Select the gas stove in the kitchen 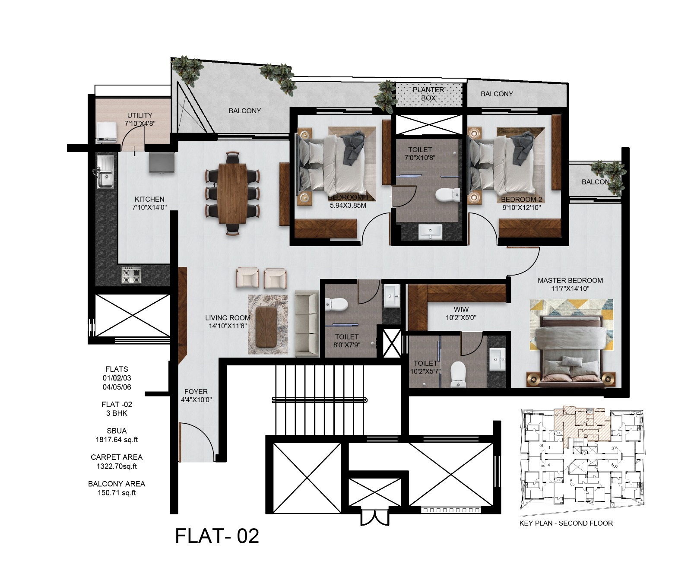tap(131, 275)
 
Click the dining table tap(233, 193)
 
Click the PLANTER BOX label tap(428, 94)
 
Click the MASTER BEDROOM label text tap(570, 280)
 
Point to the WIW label tap(461, 309)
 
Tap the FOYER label tap(196, 391)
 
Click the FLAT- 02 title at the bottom tap(217, 536)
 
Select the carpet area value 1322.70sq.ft tap(117, 466)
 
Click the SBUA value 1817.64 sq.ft tap(117, 440)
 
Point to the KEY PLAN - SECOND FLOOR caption tap(566, 523)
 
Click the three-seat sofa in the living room tap(306, 323)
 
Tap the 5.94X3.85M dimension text tap(348, 206)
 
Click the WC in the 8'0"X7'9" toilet tap(336, 304)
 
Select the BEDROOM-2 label tap(521, 199)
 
